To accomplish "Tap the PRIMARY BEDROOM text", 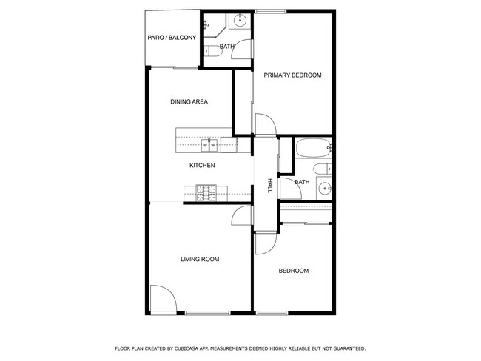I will (292, 75).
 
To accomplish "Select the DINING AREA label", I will (189, 101).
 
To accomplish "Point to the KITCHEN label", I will (201, 166).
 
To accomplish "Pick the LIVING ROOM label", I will (200, 259).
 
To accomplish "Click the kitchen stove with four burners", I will (206, 193).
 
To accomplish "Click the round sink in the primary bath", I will (239, 21).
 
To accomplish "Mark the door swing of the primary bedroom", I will (264, 123).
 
